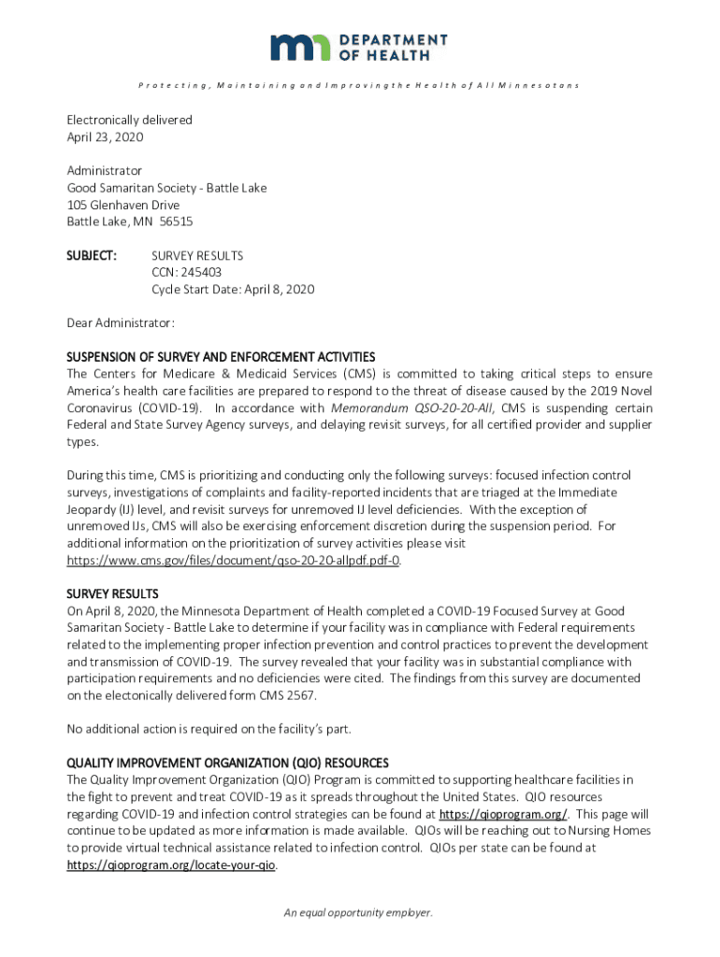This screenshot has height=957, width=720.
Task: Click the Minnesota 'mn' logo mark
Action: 300,47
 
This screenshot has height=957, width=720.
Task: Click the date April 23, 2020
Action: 105,137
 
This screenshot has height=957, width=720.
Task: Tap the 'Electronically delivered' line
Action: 129,121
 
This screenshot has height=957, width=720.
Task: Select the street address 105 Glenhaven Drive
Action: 122,205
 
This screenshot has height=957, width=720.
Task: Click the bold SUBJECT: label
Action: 91,255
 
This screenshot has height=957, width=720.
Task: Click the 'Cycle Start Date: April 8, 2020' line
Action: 233,289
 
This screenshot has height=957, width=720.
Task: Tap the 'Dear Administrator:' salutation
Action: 120,322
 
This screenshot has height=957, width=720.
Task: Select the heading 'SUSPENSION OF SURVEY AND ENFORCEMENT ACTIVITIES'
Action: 221,357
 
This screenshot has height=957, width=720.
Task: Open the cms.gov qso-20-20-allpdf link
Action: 234,561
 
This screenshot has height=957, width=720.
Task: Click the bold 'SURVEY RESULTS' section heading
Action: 112,594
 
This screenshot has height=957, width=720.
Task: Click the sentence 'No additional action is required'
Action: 209,729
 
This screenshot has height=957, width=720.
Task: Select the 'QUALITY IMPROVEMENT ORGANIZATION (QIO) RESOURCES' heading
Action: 227,763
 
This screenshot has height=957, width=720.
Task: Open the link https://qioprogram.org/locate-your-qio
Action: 171,865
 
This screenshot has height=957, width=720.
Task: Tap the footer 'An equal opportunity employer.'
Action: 359,913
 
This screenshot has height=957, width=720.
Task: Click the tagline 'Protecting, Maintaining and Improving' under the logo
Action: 359,86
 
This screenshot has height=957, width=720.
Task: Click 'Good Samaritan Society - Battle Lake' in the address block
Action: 166,188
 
